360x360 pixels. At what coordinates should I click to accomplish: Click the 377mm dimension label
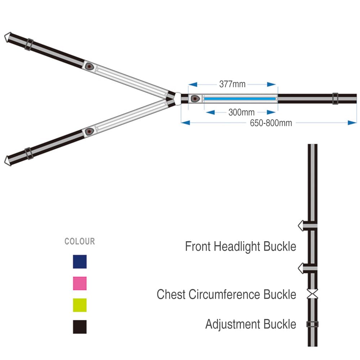point(232,84)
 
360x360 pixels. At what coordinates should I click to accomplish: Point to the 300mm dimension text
point(242,112)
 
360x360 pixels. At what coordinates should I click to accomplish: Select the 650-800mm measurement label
point(271,123)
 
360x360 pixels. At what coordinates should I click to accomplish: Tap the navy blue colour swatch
point(80,261)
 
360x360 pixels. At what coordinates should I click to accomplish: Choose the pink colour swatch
point(80,283)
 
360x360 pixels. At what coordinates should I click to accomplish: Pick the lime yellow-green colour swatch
point(80,305)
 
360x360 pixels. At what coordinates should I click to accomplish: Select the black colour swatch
point(80,327)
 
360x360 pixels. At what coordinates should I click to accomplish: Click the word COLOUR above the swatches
point(80,241)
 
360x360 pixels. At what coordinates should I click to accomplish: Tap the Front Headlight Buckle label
point(240,247)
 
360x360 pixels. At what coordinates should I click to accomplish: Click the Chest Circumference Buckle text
point(226,294)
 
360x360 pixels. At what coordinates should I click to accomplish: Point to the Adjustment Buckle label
point(251,324)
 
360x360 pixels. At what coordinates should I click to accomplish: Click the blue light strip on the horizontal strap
point(240,99)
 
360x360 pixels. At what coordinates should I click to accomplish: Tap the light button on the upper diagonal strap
point(89,67)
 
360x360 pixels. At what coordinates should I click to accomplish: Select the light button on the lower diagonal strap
point(89,131)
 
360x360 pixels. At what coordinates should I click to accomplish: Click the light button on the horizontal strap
point(195,99)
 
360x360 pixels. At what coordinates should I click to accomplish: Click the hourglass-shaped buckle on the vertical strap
point(312,294)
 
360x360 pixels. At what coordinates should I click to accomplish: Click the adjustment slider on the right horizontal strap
point(335,99)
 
